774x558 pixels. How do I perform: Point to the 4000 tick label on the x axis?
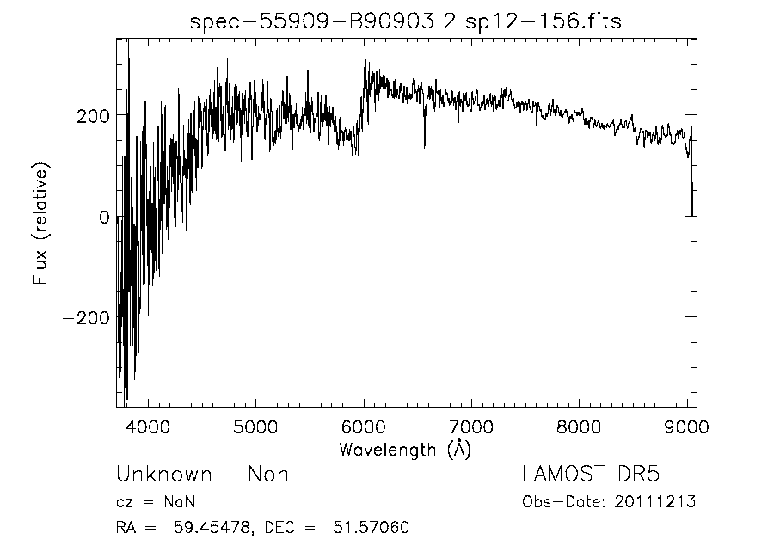pos(149,426)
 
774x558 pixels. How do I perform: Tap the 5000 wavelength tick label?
pos(256,426)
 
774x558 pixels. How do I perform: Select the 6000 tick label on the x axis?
pos(364,426)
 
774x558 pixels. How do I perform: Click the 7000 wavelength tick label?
pos(471,426)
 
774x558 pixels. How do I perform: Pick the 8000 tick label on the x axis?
pos(579,426)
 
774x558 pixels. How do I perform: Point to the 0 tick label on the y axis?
pos(103,217)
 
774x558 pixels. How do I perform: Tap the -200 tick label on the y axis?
pos(86,318)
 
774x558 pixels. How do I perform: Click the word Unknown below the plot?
pos(163,475)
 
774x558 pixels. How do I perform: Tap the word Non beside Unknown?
pos(268,475)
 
